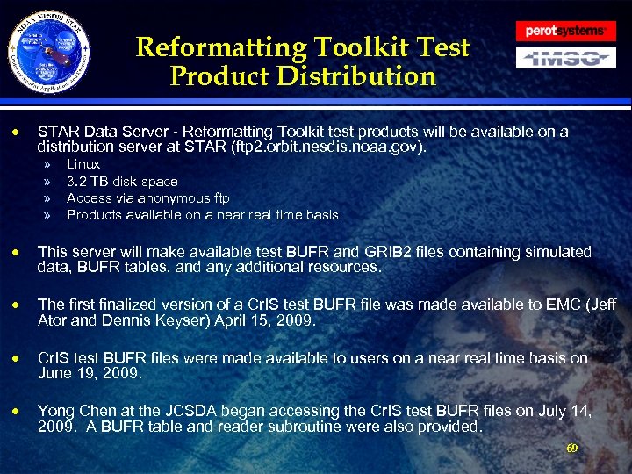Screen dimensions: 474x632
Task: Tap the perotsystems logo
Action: pos(564,32)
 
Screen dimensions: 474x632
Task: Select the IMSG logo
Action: pos(564,59)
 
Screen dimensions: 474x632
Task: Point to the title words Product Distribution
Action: pos(303,76)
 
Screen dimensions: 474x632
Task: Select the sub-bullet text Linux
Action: pos(83,164)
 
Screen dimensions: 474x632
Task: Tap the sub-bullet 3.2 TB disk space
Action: pos(122,182)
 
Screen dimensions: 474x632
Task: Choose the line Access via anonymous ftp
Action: pos(147,198)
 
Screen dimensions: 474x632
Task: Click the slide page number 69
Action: pos(571,449)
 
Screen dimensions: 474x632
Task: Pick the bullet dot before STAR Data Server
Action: pos(14,133)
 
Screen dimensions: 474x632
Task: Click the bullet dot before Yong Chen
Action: pos(14,413)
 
